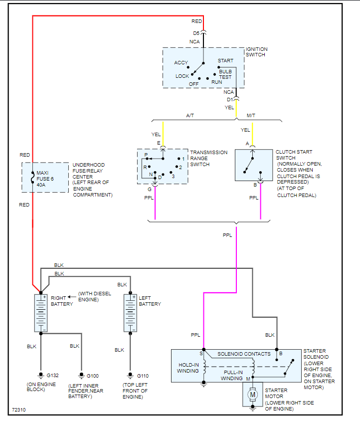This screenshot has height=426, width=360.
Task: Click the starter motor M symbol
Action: click(x=252, y=395)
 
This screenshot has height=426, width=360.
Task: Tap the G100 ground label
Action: click(x=93, y=375)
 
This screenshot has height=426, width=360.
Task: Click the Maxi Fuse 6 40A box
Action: click(x=45, y=177)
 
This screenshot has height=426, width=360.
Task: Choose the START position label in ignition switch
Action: click(x=225, y=61)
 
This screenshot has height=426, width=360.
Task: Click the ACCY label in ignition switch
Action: click(x=181, y=63)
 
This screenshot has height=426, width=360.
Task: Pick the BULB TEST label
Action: click(x=225, y=74)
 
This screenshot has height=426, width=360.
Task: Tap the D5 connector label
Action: click(x=196, y=33)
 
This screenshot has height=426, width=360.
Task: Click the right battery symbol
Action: click(x=41, y=313)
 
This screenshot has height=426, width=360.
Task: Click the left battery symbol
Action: click(x=130, y=313)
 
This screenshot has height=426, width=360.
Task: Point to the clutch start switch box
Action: click(x=253, y=165)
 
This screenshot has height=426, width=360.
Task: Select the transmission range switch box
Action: click(x=163, y=166)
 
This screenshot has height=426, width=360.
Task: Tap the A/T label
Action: click(x=190, y=116)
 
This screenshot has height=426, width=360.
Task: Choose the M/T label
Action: click(x=251, y=116)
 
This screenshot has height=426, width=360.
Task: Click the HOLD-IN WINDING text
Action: click(x=188, y=368)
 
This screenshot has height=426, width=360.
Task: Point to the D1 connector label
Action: click(x=229, y=99)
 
